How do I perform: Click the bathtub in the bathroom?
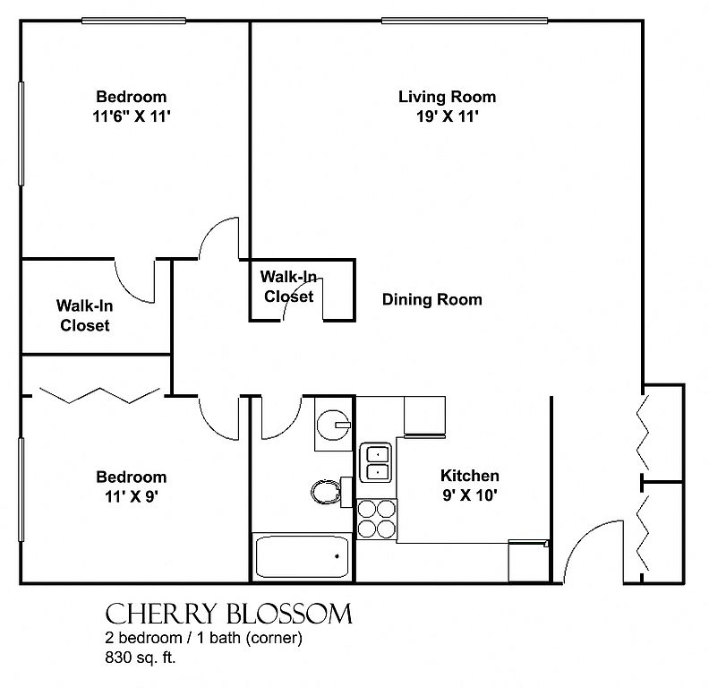tap(302, 556)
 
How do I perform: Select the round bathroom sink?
tap(334, 425)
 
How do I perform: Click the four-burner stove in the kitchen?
tap(377, 520)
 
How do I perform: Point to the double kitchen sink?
tap(375, 462)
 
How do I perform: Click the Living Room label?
tap(447, 97)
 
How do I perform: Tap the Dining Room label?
tap(431, 299)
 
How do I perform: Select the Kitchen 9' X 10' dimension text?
tap(470, 495)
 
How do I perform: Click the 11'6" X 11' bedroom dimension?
tap(131, 116)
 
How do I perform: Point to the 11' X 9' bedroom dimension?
tap(131, 496)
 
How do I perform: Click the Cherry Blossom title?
tap(228, 615)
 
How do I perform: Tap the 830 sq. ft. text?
tap(141, 658)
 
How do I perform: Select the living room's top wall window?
tap(465, 21)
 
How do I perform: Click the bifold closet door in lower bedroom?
tap(99, 395)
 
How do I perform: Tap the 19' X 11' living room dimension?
tap(448, 116)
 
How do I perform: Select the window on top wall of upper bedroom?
tap(134, 21)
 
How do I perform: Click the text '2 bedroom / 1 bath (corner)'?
tap(203, 638)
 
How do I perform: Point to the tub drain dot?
tap(337, 556)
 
